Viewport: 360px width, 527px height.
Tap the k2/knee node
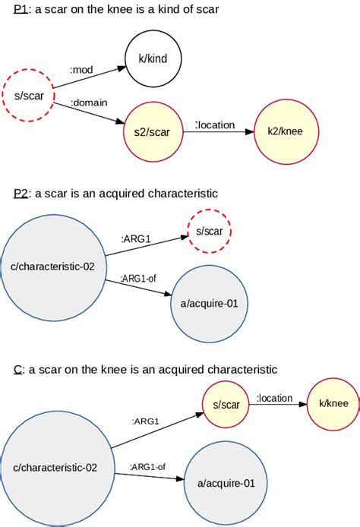285,131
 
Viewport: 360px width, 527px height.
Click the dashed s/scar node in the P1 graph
29,96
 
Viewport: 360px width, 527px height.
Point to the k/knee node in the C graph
330,404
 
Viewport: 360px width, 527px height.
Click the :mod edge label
82,71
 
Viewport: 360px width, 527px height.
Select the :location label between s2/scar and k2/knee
215,125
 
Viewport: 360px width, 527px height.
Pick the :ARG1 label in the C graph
145,421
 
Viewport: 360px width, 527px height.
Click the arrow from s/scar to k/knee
278,405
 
